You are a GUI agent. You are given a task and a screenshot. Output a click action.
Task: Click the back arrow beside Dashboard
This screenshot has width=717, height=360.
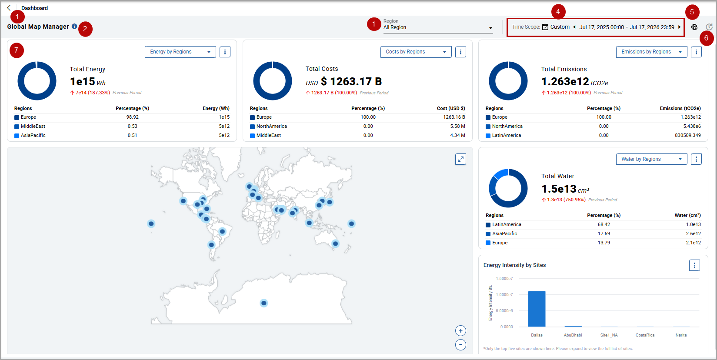pos(9,8)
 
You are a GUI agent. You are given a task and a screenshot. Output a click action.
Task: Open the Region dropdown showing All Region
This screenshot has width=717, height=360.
pos(438,27)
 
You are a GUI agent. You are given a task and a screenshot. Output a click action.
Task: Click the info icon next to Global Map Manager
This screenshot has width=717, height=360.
pos(74,26)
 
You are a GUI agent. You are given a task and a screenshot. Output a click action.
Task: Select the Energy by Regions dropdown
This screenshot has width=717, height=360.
pos(180,52)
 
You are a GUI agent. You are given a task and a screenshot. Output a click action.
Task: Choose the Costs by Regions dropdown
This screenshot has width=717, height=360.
pos(416,52)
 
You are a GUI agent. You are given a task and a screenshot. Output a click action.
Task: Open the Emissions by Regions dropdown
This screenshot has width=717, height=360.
pos(651,52)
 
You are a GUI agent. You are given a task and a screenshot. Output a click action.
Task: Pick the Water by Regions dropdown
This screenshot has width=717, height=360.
pos(651,159)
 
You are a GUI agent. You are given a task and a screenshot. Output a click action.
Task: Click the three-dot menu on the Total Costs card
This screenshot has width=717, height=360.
pos(460,52)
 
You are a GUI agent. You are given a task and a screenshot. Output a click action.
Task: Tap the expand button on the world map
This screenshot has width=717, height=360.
pos(460,159)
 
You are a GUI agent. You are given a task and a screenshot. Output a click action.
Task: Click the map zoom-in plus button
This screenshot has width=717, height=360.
pos(460,331)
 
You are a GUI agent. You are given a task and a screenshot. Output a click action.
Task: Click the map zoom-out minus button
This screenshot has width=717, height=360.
pos(460,345)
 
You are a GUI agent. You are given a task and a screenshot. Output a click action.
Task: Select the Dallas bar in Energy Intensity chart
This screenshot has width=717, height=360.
pos(537,309)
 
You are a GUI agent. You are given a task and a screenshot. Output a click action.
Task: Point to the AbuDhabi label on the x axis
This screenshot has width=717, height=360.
pos(573,335)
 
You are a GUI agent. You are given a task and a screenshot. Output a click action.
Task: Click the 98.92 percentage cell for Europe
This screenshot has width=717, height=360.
pos(133,117)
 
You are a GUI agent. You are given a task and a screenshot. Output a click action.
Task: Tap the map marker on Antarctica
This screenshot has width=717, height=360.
pos(264,303)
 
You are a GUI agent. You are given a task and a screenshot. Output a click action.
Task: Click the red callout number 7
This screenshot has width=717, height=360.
pos(17,50)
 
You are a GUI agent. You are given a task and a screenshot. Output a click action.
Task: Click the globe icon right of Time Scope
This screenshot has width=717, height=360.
pos(694,27)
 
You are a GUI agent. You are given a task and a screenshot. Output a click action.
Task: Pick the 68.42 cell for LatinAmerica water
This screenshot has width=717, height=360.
pos(604,225)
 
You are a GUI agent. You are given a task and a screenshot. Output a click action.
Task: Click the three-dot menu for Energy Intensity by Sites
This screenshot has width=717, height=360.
pos(694,265)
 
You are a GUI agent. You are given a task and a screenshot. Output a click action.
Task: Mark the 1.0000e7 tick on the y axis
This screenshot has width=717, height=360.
pos(504,295)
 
